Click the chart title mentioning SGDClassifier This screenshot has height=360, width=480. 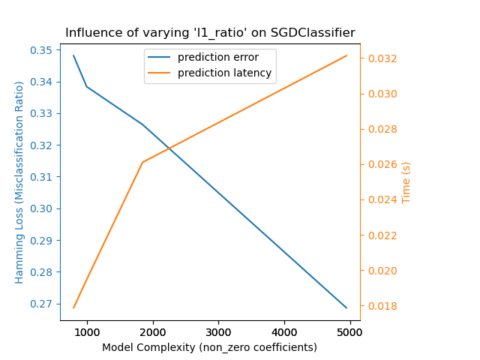pyautogui.click(x=210, y=33)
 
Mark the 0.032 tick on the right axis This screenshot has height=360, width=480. pyautogui.click(x=380, y=58)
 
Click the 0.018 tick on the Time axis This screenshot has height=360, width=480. pyautogui.click(x=380, y=306)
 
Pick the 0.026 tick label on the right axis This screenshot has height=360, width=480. pyautogui.click(x=380, y=164)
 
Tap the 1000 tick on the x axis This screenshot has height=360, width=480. pyautogui.click(x=87, y=332)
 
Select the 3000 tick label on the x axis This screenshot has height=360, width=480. pyautogui.click(x=218, y=332)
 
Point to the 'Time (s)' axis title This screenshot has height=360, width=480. pyautogui.click(x=406, y=182)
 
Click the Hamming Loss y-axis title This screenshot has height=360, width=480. pyautogui.click(x=20, y=182)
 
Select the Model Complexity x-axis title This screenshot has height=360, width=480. pyautogui.click(x=210, y=347)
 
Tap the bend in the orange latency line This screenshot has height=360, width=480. pyautogui.click(x=142, y=162)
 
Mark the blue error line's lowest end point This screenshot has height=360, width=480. pyautogui.click(x=346, y=307)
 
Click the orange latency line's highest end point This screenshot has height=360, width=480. pyautogui.click(x=346, y=55)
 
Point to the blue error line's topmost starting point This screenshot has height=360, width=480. pyautogui.click(x=73, y=55)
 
